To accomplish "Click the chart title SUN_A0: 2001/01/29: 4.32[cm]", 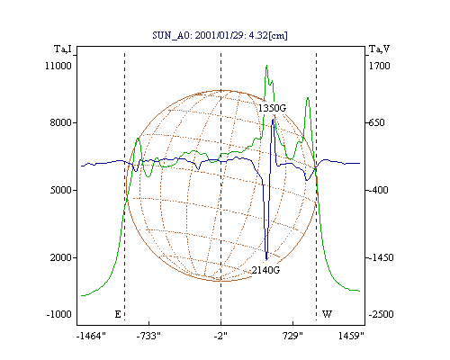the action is (x=220, y=35).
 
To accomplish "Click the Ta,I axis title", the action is (x=63, y=49).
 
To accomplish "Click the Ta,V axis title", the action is (x=380, y=49).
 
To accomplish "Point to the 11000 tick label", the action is (x=58, y=66).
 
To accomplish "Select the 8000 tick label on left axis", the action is (x=60, y=122).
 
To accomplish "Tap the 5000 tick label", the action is (x=60, y=190).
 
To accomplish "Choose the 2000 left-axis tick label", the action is (x=60, y=257).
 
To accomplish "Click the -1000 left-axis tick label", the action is (x=58, y=314).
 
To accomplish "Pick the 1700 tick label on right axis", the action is (x=380, y=66).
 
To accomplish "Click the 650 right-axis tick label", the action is (x=377, y=122).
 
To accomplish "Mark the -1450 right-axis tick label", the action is (x=381, y=257).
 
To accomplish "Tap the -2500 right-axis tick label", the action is (x=381, y=314).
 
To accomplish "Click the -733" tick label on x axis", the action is (x=148, y=336).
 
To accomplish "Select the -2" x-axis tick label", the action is (x=220, y=336).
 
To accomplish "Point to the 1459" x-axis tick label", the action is (x=351, y=336).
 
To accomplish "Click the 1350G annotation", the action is (x=273, y=108).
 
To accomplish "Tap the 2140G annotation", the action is (x=265, y=270).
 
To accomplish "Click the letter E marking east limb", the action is (x=118, y=314).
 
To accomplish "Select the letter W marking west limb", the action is (x=327, y=314).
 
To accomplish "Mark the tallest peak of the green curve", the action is (x=266, y=66).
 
